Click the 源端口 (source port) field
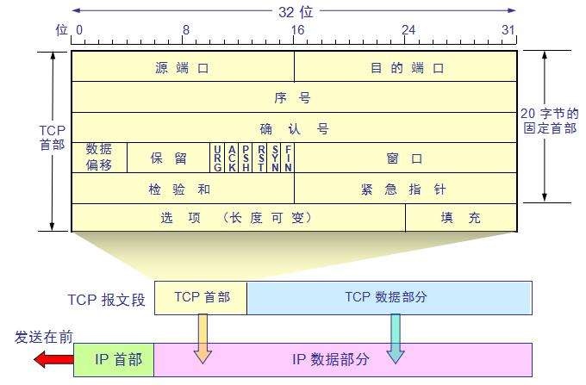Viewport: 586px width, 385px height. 183,66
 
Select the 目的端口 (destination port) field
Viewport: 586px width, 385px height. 405,66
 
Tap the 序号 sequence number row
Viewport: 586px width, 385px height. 294,97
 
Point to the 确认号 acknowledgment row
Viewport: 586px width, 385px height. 294,128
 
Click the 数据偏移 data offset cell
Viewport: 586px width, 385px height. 99,158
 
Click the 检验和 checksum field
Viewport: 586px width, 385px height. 183,189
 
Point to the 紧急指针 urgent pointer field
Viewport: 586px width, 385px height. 405,189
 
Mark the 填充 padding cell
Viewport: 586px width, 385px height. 461,218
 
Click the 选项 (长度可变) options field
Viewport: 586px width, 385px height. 237,218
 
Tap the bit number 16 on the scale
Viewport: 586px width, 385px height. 297,29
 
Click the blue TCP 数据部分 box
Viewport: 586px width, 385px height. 389,297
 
